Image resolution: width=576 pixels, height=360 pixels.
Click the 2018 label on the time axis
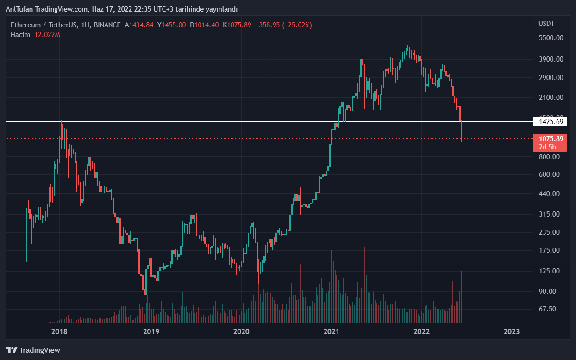click(x=59, y=332)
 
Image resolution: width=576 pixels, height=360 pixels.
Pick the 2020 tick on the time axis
click(x=241, y=332)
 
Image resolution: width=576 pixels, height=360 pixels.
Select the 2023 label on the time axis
click(x=511, y=332)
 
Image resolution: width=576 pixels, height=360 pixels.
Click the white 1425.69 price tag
click(x=550, y=122)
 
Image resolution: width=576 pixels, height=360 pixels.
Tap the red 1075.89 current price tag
click(x=550, y=138)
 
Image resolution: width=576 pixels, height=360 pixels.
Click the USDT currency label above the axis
click(x=546, y=24)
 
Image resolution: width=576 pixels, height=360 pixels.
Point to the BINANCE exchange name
click(x=107, y=25)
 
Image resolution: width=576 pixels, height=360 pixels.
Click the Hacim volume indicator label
click(x=20, y=35)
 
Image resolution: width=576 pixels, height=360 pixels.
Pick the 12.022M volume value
click(x=47, y=35)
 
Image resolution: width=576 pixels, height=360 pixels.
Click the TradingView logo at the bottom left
click(x=33, y=350)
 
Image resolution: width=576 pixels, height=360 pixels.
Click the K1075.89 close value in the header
click(x=237, y=25)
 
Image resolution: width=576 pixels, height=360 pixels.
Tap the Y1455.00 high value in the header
click(x=172, y=25)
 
